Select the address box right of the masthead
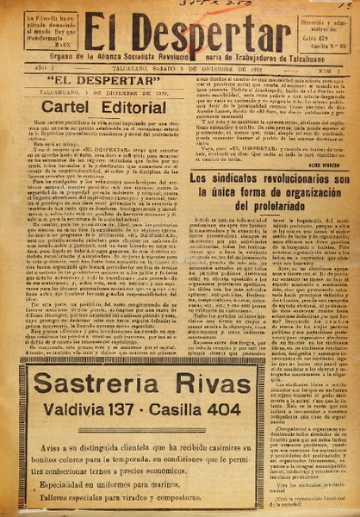pyautogui.click(x=323, y=32)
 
